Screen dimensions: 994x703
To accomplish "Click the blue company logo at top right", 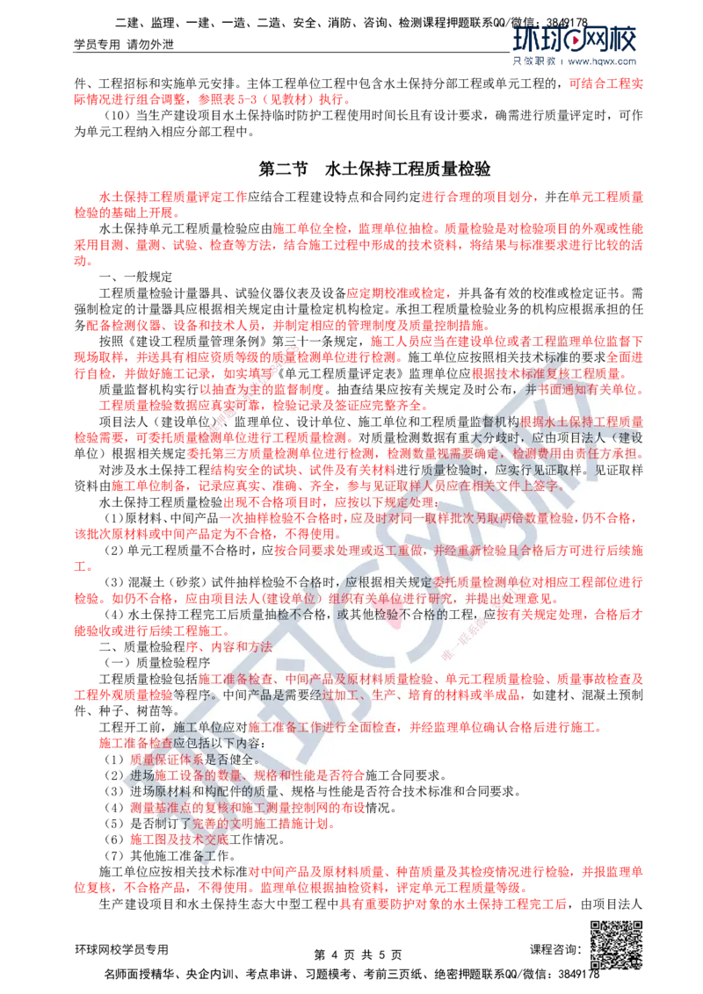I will [x=576, y=40].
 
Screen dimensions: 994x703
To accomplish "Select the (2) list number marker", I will [x=112, y=775].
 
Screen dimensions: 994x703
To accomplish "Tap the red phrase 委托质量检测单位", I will [x=483, y=582].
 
